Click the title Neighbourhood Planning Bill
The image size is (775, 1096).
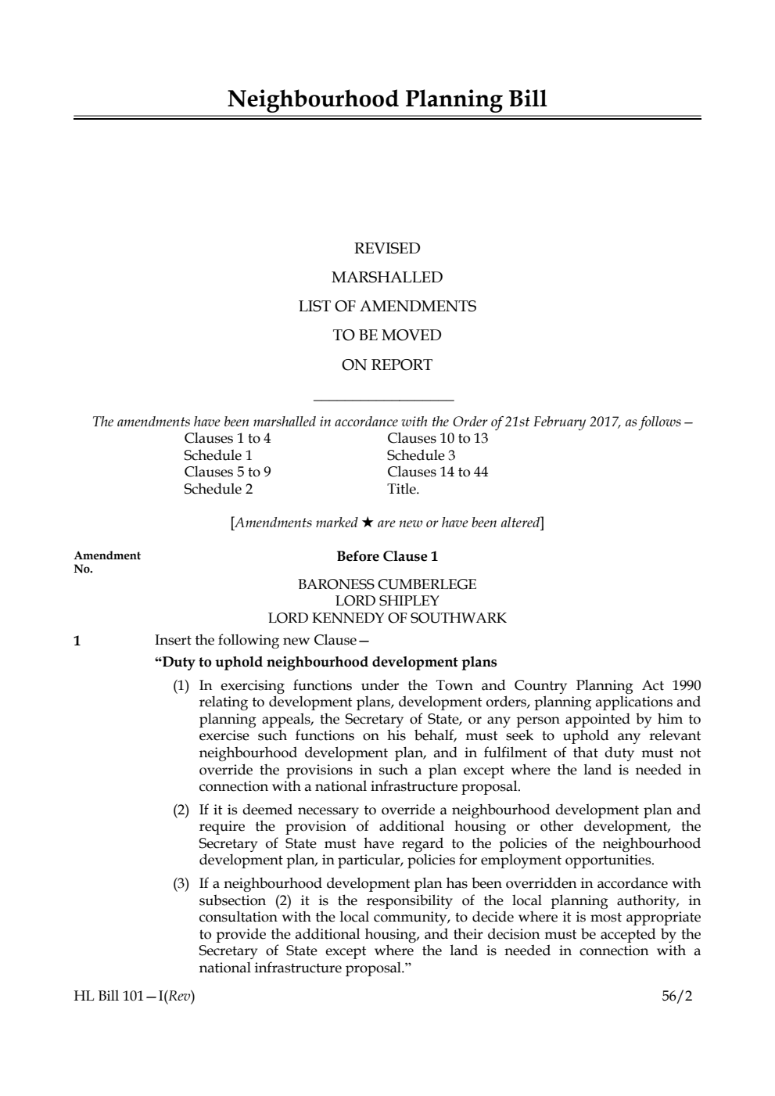(387, 99)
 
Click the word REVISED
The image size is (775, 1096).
(387, 249)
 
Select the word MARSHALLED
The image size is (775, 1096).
(387, 278)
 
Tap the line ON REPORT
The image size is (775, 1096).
(387, 365)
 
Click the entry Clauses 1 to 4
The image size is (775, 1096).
(227, 438)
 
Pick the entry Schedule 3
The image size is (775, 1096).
(421, 455)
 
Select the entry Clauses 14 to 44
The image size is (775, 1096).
(437, 472)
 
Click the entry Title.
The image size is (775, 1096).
(403, 489)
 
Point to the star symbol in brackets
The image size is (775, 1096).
(367, 523)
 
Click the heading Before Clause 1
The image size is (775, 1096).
(387, 556)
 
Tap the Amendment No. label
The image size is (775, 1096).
(106, 562)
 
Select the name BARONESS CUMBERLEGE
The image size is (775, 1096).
(387, 584)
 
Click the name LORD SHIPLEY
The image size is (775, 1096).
(387, 601)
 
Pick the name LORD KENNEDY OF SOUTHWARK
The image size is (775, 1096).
(387, 618)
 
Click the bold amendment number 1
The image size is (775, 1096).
(77, 641)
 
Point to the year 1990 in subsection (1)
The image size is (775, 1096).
(686, 685)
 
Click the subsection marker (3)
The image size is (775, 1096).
(181, 884)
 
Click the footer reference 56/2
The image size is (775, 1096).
(676, 997)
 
